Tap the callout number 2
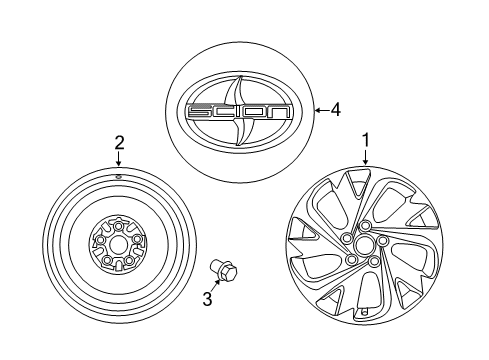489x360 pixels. (118, 142)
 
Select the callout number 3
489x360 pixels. (207, 296)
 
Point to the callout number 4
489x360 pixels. (335, 110)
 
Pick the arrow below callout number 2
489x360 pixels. (118, 160)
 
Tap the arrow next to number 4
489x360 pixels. (319, 110)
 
